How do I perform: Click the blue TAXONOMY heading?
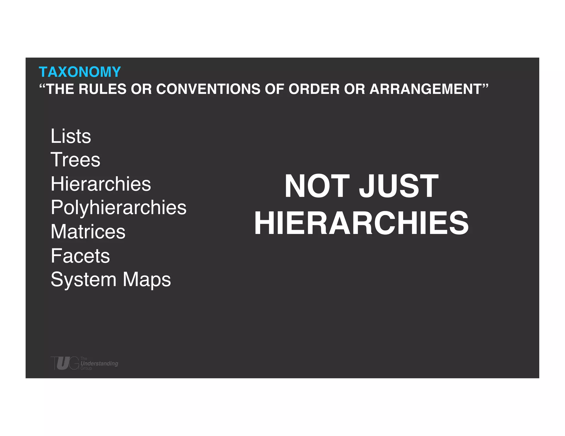(80, 72)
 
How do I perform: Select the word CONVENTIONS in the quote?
(208, 89)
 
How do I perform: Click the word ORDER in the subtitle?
(314, 89)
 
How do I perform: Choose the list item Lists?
(71, 136)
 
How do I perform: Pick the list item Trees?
(75, 160)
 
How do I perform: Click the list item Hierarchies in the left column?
(101, 184)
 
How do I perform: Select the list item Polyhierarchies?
(118, 208)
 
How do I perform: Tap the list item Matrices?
(88, 232)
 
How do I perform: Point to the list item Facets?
(80, 256)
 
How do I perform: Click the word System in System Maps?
(83, 280)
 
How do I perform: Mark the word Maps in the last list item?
(147, 280)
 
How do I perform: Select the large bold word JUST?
(399, 186)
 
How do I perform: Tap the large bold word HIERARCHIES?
(361, 223)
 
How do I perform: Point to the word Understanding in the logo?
(99, 364)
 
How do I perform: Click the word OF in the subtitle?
(274, 89)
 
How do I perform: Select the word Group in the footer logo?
(86, 368)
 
